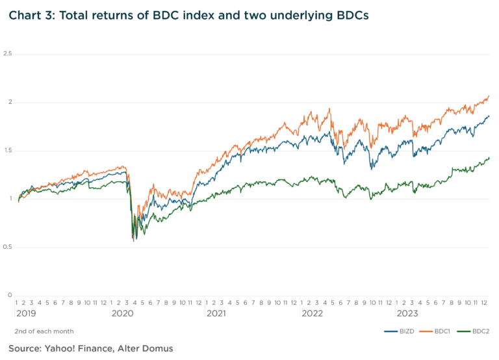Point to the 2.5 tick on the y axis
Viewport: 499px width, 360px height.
pos(8,54)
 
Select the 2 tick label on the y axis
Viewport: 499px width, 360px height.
pos(10,102)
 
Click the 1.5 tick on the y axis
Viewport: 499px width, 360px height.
pos(8,151)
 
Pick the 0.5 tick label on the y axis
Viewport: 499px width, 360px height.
pos(8,247)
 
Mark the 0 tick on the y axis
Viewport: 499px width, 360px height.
pos(10,295)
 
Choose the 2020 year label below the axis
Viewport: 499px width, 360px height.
pos(122,314)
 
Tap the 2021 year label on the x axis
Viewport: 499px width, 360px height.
pos(216,314)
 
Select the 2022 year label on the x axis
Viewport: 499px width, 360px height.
pos(311,314)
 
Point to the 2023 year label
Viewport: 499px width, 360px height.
pos(407,314)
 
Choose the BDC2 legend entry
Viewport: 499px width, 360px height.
pos(481,331)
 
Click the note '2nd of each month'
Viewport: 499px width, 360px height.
pos(44,331)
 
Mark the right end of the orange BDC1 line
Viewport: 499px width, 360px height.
pos(489,96)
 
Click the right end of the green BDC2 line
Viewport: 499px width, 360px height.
pos(489,157)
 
